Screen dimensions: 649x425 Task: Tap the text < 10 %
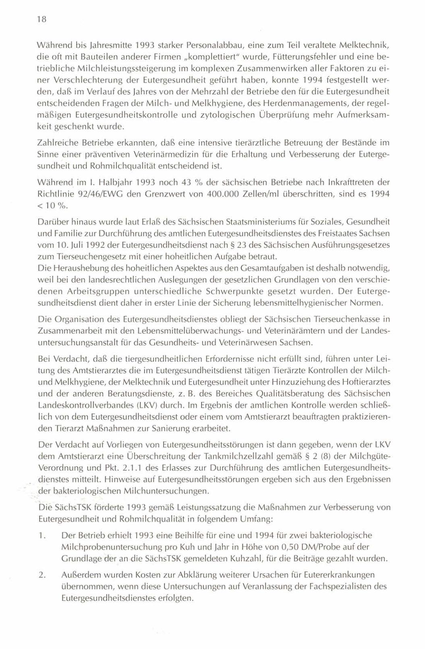52,205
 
